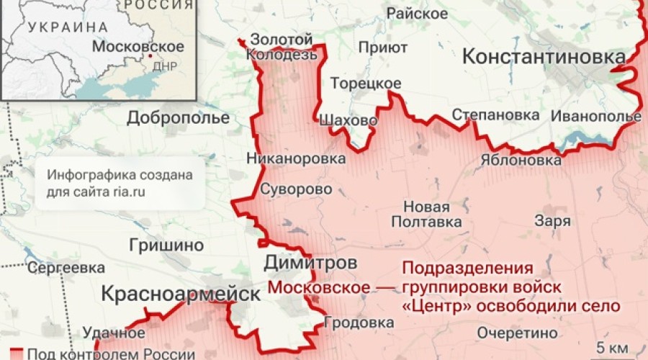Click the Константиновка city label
[x=544, y=56]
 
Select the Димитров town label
[x=309, y=262]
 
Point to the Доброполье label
[x=178, y=118]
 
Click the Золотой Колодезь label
[x=281, y=47]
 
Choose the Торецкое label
[x=366, y=84]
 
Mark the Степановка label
[x=495, y=115]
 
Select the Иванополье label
[x=595, y=115]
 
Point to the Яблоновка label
[x=520, y=160]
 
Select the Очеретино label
[x=517, y=333]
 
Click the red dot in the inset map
[x=150, y=55]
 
